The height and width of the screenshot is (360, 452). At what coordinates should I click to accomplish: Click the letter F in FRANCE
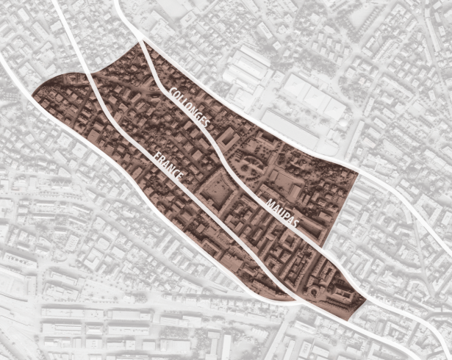(x=156, y=156)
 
